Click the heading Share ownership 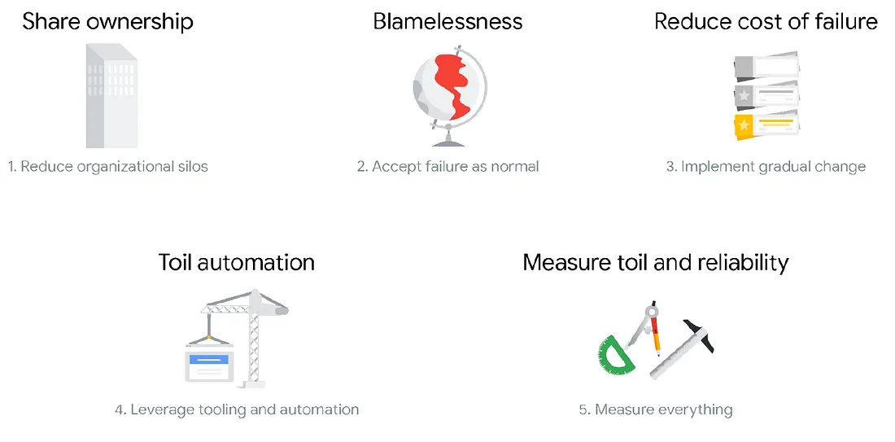coord(107,21)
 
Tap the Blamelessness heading coord(447,21)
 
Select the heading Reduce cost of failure coord(766,21)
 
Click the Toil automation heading coord(236,262)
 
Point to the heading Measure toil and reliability coord(655,262)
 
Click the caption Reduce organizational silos coord(108,167)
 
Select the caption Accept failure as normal coord(447,167)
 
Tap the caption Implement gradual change coord(766,167)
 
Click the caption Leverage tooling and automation coord(237,409)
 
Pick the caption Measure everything coord(656,409)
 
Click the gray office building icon coord(111,96)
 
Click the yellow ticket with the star coord(765,125)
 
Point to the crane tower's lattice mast coord(255,342)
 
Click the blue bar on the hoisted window coord(210,358)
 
